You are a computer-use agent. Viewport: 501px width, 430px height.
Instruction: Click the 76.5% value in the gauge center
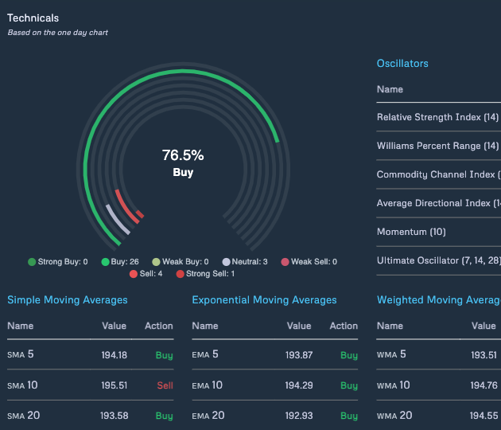pos(183,155)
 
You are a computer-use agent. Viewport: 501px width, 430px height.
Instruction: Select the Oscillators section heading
pos(402,64)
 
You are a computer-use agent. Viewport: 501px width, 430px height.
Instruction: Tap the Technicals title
pos(33,18)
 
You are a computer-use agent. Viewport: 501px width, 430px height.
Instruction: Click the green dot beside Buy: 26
pos(105,262)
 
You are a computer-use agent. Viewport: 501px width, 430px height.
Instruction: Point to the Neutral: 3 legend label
pos(250,262)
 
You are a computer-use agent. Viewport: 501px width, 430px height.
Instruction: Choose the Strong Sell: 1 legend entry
pos(205,274)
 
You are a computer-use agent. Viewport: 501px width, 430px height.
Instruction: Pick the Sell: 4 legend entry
pos(146,274)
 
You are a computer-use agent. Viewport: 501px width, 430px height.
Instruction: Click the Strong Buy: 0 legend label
pos(63,262)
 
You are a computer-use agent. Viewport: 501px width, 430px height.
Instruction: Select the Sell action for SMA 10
pos(165,385)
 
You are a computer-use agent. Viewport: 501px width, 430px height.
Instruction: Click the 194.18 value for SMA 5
pos(114,355)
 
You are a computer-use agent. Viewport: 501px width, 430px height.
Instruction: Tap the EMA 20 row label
pos(208,416)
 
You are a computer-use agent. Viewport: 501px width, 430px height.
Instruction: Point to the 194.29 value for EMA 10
pos(299,385)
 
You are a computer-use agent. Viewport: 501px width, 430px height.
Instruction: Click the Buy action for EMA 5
pos(349,355)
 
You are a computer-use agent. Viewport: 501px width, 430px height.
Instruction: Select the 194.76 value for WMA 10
pos(484,385)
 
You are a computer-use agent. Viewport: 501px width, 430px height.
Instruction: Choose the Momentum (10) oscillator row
pos(411,232)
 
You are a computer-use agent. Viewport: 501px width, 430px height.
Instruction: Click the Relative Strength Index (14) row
pos(437,117)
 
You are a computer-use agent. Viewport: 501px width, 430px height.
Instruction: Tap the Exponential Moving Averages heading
pos(264,299)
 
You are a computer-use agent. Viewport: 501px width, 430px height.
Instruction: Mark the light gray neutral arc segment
pos(118,220)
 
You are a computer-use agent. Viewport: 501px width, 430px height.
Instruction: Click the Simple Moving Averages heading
pos(68,299)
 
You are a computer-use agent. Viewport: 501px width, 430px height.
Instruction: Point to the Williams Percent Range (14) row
pos(437,146)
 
